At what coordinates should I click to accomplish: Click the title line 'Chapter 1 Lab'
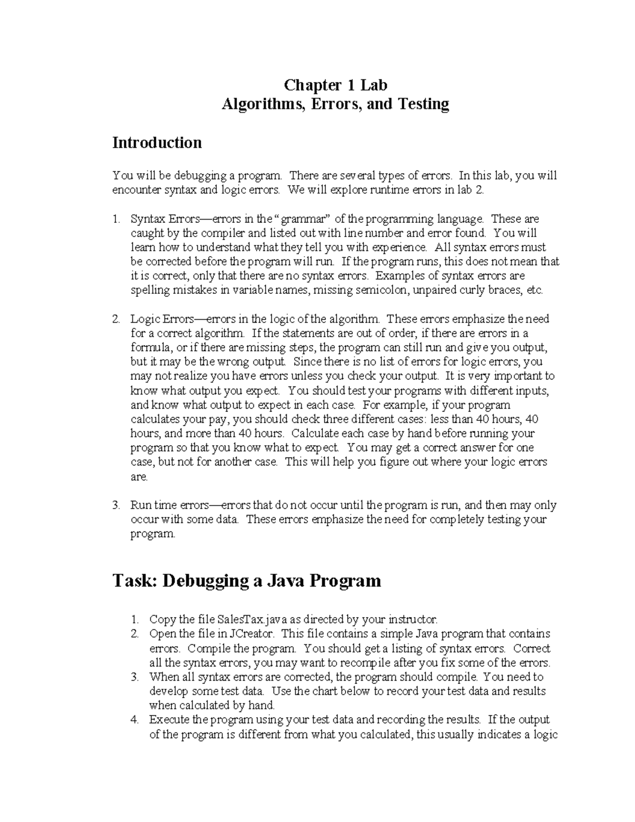(x=335, y=85)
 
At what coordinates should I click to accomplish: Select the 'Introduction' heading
(x=157, y=143)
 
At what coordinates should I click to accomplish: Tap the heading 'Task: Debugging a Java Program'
(x=247, y=581)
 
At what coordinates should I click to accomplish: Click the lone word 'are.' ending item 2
(x=139, y=476)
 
